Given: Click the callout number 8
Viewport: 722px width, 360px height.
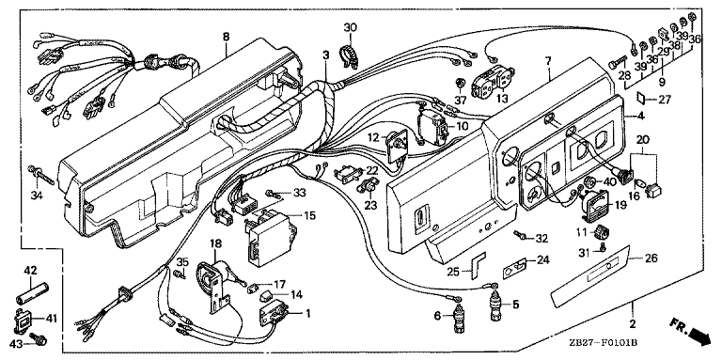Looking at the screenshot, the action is [x=226, y=37].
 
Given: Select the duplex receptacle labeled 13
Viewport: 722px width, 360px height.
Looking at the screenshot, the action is [x=493, y=82].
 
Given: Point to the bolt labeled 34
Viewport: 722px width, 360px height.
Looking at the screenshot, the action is [x=41, y=175].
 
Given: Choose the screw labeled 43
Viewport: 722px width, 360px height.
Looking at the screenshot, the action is [x=39, y=340].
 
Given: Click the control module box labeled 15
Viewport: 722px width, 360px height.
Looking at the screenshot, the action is [x=266, y=236].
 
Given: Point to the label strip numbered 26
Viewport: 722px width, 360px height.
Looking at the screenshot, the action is [x=589, y=276].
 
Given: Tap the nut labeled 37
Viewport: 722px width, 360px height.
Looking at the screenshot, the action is [x=459, y=84].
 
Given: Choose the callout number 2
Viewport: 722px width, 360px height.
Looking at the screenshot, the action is [x=633, y=324].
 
